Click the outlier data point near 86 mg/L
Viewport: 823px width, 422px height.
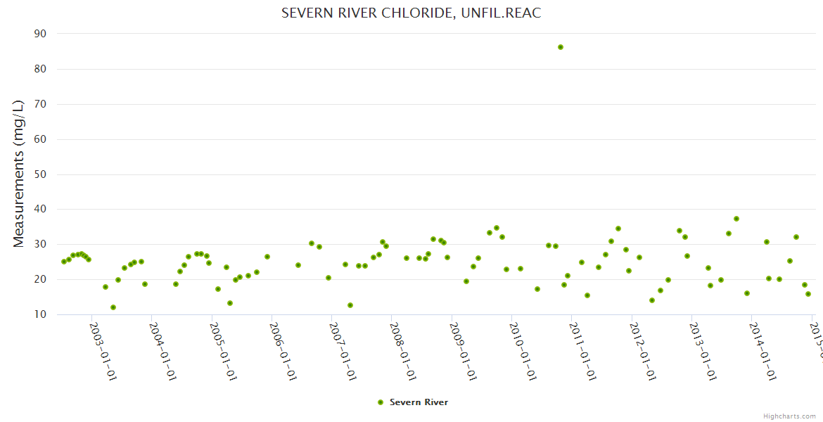561,47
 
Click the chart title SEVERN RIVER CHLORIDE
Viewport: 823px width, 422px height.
411,13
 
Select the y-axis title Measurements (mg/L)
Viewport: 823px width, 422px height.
19,173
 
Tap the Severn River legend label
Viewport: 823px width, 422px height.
419,402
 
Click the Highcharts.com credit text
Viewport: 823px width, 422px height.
790,416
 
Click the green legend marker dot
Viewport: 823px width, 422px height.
381,402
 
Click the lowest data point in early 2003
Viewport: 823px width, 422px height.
113,307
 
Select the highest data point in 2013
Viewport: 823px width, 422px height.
736,219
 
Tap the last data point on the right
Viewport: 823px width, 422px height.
808,294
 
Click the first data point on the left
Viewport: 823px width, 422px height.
64,262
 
